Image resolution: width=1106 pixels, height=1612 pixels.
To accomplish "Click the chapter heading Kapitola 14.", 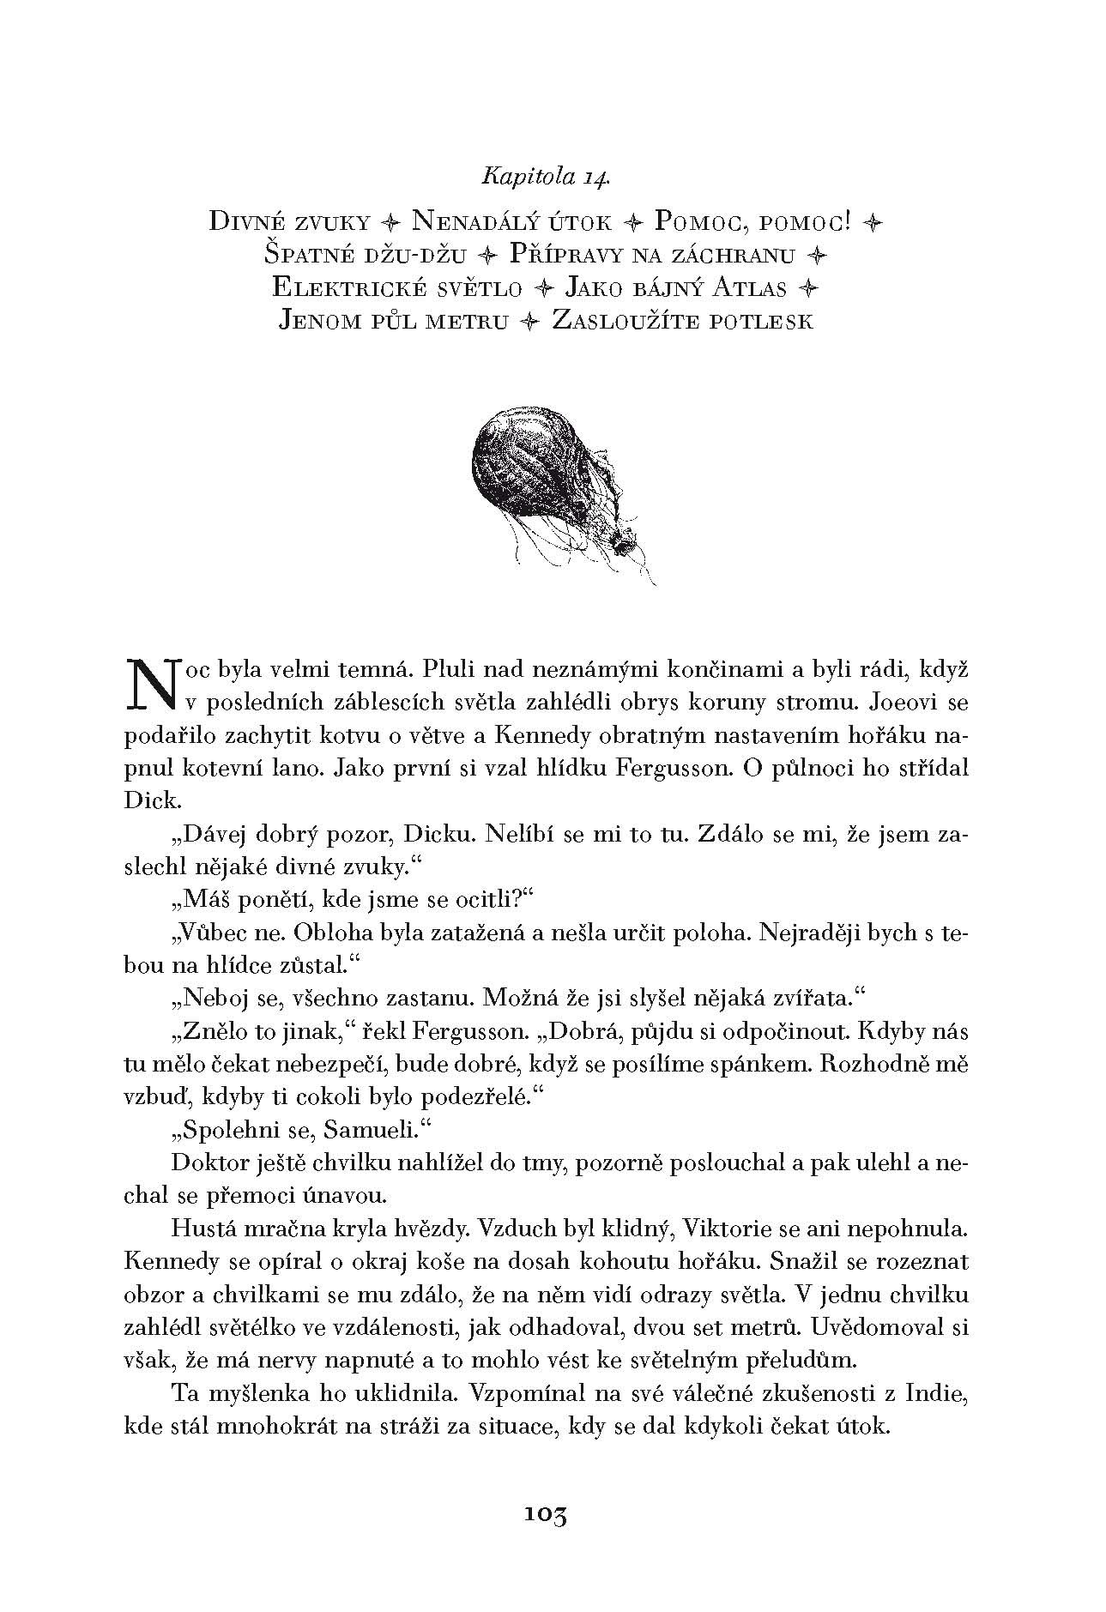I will (x=546, y=178).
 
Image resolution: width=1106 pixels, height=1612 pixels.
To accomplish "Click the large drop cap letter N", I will (x=150, y=685).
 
